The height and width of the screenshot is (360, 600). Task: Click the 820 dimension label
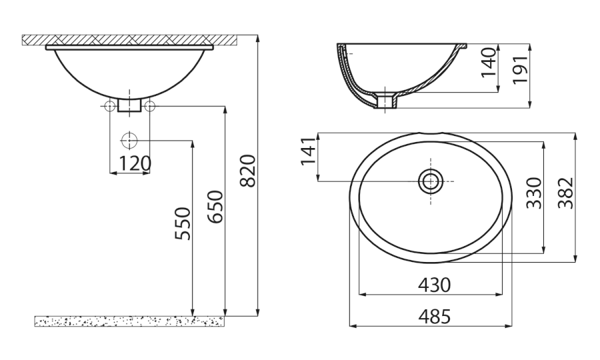pyautogui.click(x=248, y=171)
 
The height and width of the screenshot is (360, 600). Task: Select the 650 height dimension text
pyautogui.click(x=215, y=207)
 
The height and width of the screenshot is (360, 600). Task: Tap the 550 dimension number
pyautogui.click(x=183, y=224)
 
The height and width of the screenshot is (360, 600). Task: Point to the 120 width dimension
pyautogui.click(x=135, y=164)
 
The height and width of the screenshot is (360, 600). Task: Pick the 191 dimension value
pyautogui.click(x=521, y=69)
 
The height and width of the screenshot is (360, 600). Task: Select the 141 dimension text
pyautogui.click(x=309, y=151)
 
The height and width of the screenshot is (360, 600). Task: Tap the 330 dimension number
pyautogui.click(x=534, y=193)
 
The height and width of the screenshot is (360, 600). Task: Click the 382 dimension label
pyautogui.click(x=565, y=193)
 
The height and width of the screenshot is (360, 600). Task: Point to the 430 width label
pyautogui.click(x=434, y=285)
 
